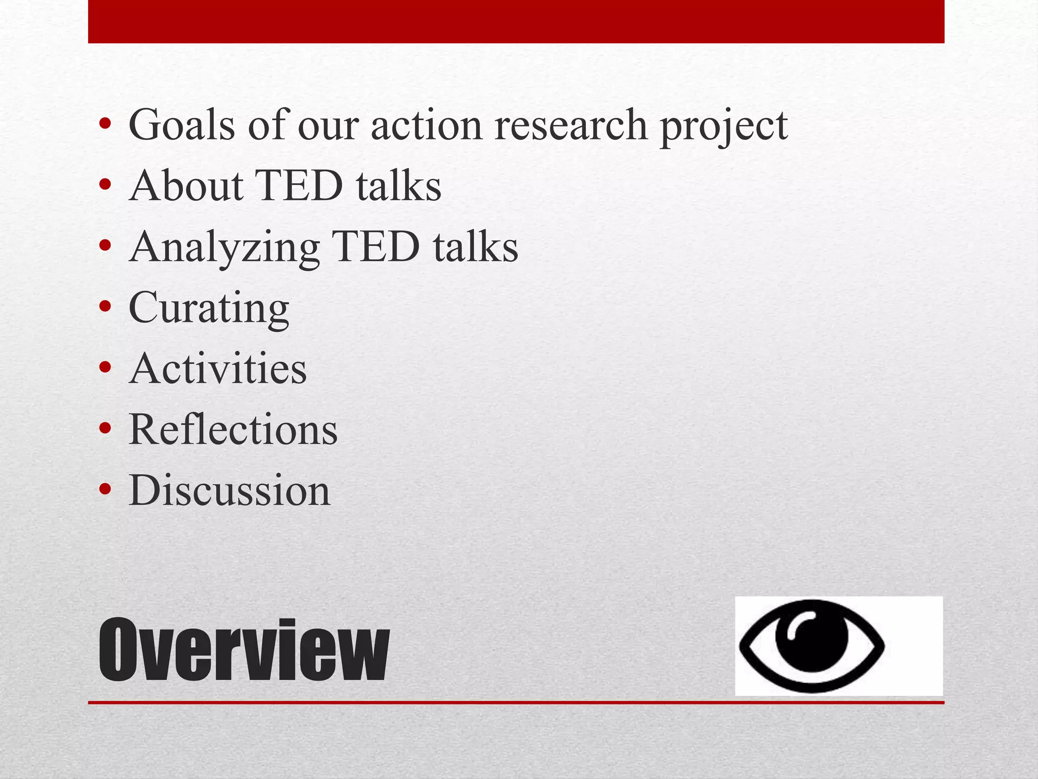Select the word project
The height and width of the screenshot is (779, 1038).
point(724,127)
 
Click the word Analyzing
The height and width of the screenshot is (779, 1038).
point(225,247)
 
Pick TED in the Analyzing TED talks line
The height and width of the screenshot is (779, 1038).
point(376,246)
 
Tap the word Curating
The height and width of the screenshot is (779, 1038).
point(209,308)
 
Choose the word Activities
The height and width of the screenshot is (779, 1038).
point(218,369)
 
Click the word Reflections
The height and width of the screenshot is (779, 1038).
point(233,430)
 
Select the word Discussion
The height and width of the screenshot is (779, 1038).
point(230,490)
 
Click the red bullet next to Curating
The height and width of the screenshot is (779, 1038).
point(105,307)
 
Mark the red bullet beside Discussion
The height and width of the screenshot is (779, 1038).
point(105,490)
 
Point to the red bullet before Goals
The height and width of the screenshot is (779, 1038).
point(105,124)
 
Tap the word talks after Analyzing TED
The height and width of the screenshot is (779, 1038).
point(475,246)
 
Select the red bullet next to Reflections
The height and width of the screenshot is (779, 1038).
point(105,429)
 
